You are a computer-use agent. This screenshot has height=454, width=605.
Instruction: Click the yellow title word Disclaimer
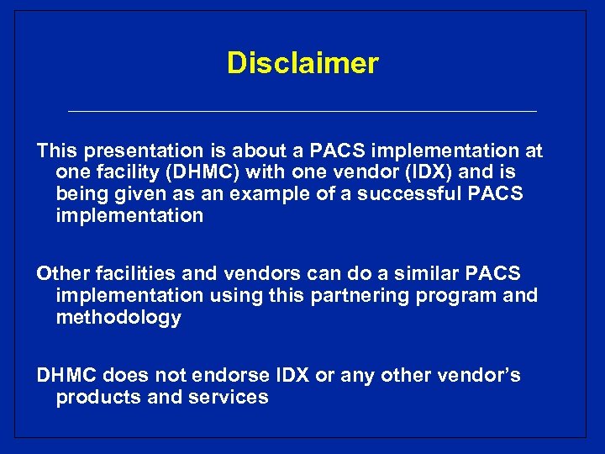(x=302, y=63)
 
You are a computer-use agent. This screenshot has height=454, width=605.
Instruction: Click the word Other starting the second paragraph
(x=61, y=274)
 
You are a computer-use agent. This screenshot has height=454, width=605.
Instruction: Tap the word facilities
(x=129, y=274)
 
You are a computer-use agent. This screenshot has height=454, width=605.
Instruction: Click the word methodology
(x=118, y=317)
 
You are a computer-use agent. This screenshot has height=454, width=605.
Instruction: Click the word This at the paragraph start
(x=57, y=151)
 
